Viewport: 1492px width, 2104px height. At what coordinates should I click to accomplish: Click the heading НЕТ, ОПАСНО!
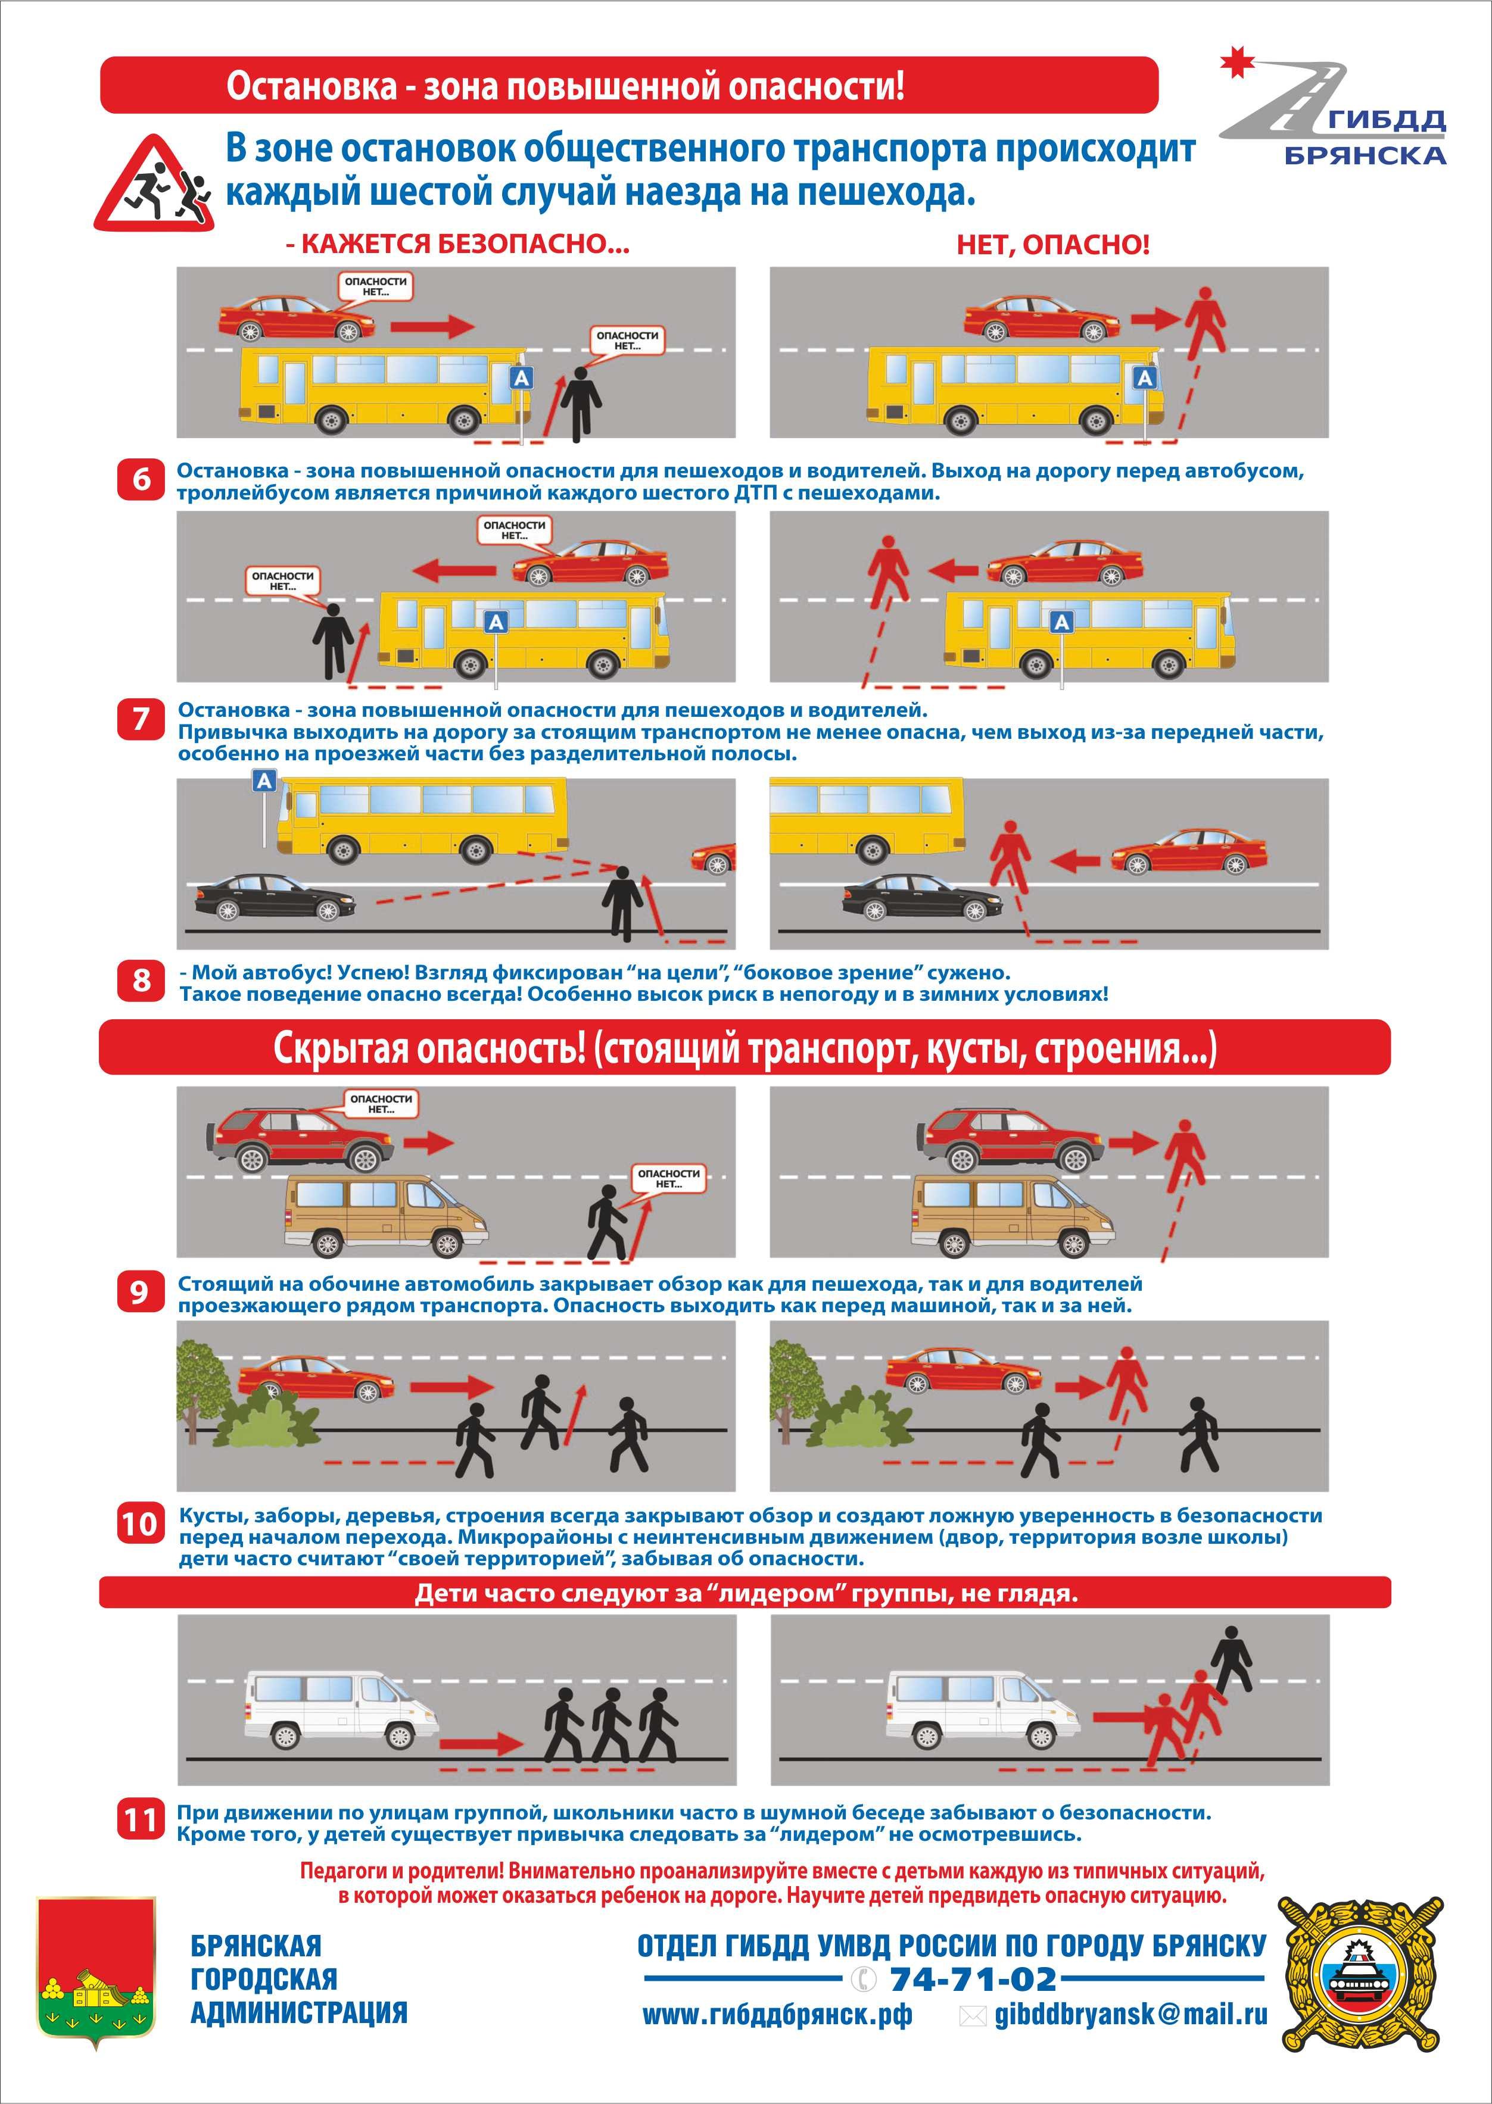click(1053, 245)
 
